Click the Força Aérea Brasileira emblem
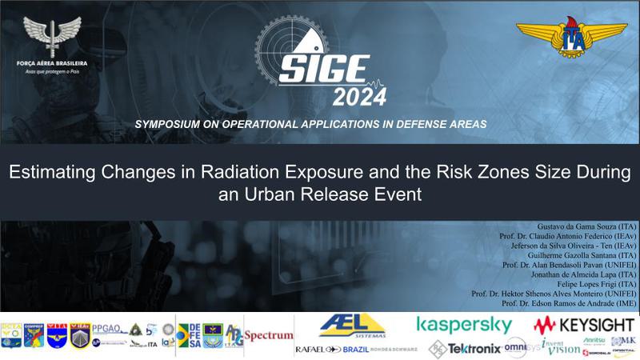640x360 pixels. coord(51,35)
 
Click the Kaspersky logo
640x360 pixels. coord(464,325)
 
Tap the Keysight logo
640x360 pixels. coord(586,325)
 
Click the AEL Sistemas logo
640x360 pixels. coord(352,326)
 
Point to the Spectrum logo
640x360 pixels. coord(269,335)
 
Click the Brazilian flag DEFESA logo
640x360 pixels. coord(189,334)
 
